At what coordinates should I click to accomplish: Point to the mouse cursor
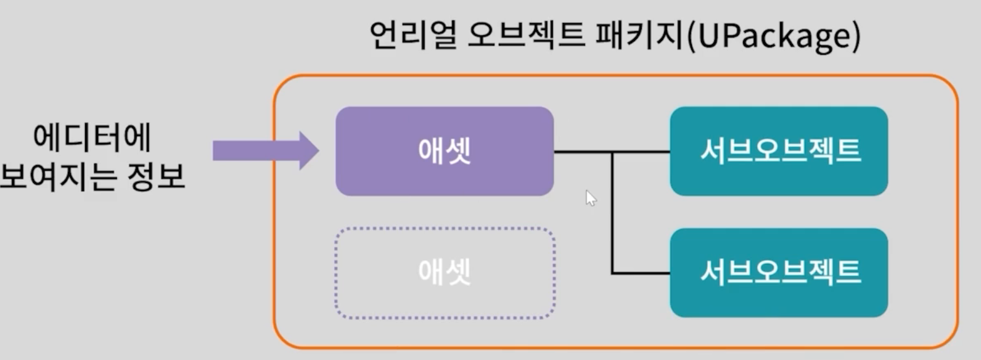590,197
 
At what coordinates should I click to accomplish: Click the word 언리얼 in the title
412,36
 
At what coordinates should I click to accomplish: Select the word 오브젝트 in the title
525,36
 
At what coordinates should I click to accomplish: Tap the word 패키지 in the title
639,36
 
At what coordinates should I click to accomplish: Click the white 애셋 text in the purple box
444,150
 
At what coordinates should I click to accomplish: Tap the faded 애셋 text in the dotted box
444,272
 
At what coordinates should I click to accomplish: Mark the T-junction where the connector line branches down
612,152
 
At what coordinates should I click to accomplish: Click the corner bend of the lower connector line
612,272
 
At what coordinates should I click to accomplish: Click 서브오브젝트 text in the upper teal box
780,150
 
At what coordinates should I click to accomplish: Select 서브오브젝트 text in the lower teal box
780,272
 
